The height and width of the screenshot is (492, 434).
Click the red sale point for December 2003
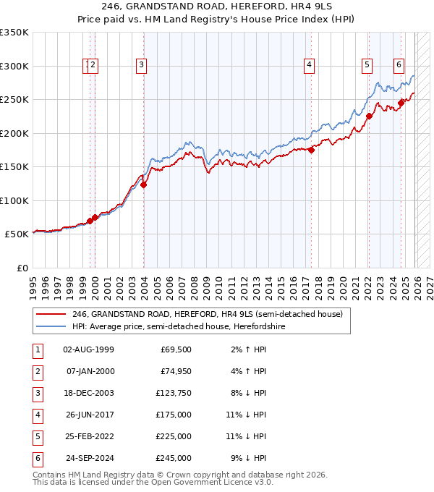(144, 184)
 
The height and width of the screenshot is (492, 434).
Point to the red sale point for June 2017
(312, 150)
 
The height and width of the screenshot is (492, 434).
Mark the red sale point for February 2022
(369, 116)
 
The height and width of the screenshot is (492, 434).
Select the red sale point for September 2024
(401, 103)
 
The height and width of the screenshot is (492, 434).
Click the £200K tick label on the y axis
(14, 133)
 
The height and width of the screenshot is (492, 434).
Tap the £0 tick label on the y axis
(22, 268)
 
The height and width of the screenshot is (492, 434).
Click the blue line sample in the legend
(51, 327)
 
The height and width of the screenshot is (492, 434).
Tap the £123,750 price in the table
(174, 393)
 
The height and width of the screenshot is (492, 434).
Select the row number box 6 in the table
(37, 458)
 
